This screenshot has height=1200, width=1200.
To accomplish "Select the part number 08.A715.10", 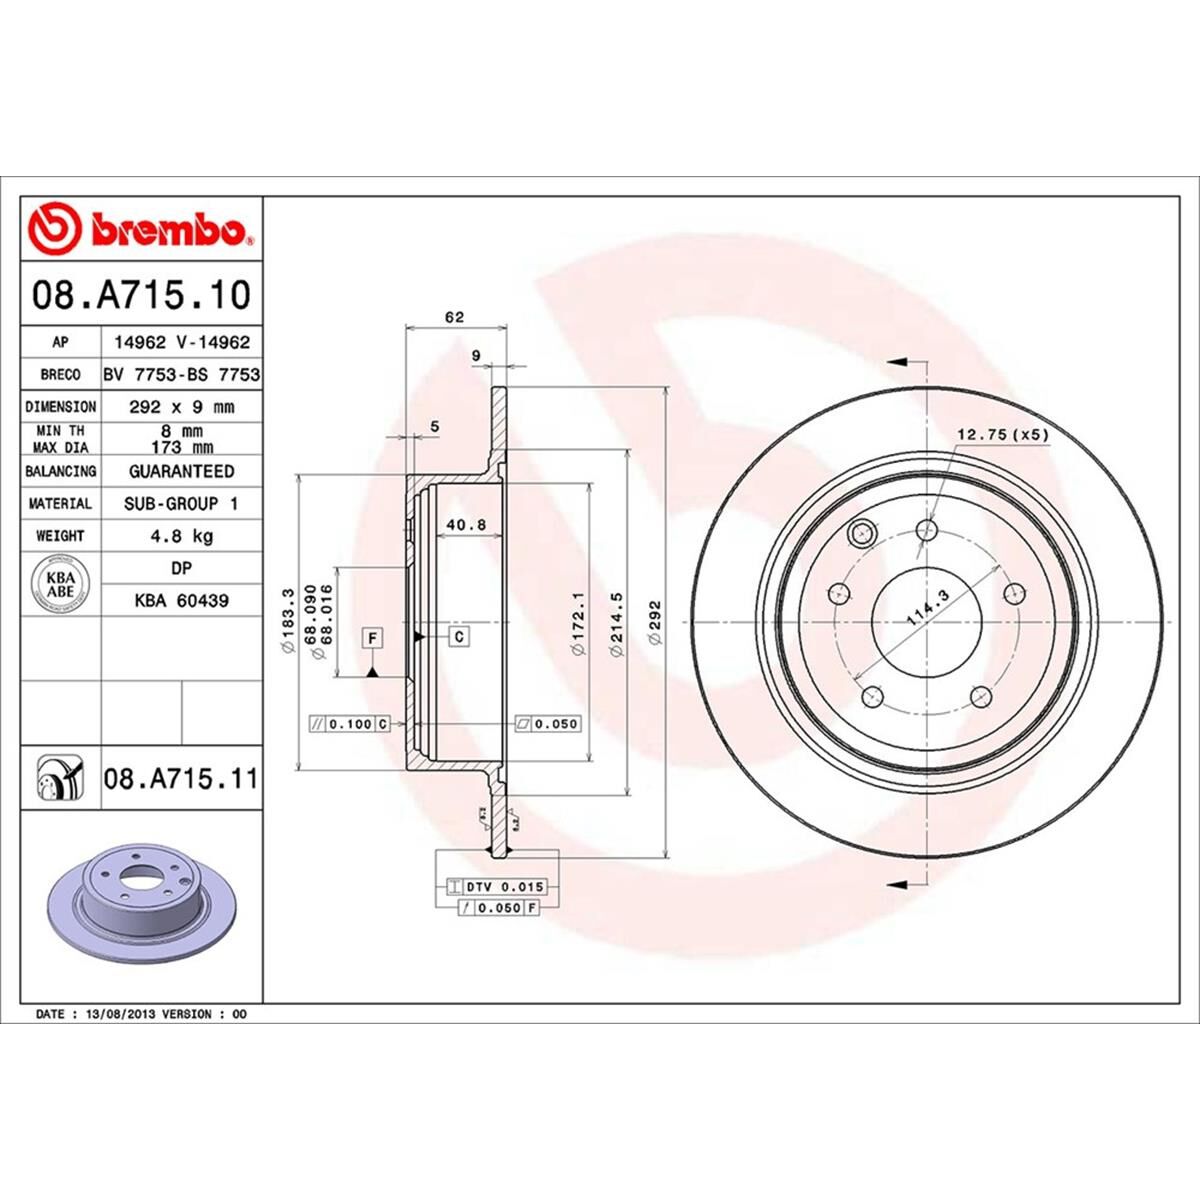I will [x=141, y=295].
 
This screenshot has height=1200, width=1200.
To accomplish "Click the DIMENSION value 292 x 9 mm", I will [x=181, y=407].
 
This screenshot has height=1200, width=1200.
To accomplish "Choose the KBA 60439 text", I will [x=181, y=601].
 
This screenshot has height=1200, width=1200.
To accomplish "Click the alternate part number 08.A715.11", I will [x=181, y=778].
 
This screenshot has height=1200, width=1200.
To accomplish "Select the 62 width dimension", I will [x=454, y=318].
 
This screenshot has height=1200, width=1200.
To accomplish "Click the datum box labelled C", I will [x=459, y=636].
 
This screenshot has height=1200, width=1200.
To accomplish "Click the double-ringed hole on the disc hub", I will [x=859, y=536].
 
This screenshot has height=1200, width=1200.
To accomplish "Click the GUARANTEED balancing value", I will [x=181, y=471].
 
